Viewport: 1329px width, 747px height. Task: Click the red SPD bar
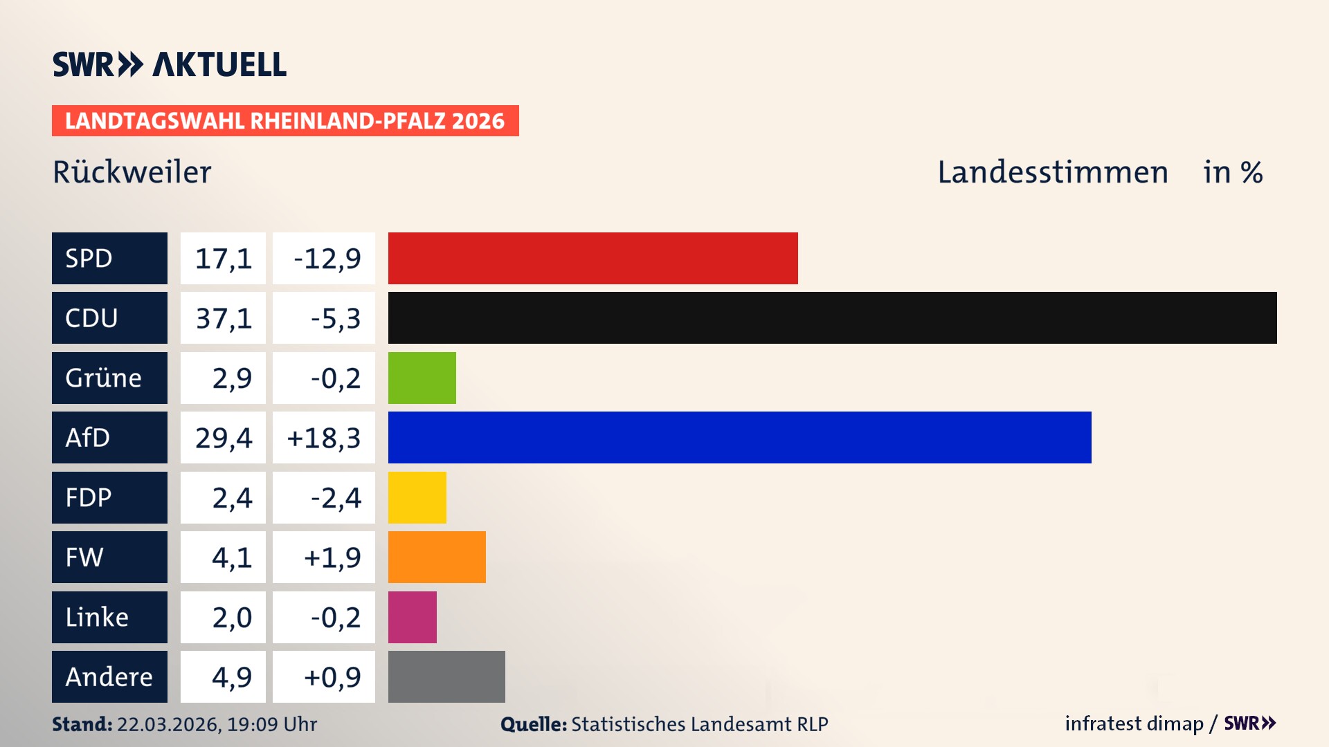tap(593, 258)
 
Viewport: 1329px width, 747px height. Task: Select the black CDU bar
tap(832, 318)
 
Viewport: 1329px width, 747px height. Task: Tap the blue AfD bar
tap(739, 438)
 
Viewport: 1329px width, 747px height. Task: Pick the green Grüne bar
tap(422, 378)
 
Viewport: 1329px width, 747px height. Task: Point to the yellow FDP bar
tap(417, 497)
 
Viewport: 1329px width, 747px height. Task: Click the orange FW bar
tap(437, 557)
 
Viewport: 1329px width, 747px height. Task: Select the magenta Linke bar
tap(412, 617)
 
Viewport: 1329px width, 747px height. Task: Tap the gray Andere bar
tap(446, 676)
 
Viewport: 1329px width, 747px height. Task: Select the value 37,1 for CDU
tap(223, 318)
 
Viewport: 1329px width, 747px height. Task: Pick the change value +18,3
tap(323, 438)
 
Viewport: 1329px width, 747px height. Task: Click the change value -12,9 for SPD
tap(327, 259)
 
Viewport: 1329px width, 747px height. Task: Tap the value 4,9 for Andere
tap(231, 677)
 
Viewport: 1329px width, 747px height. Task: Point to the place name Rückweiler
tap(132, 172)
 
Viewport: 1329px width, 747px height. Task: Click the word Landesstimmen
tap(1052, 172)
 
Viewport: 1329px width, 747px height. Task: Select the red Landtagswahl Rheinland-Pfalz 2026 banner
tap(285, 121)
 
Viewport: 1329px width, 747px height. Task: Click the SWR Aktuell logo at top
tap(169, 64)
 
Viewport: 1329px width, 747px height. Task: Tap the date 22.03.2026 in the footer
tap(168, 724)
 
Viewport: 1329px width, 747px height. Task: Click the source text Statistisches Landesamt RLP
tap(699, 724)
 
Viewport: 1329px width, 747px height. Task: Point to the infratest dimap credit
tap(1133, 723)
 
